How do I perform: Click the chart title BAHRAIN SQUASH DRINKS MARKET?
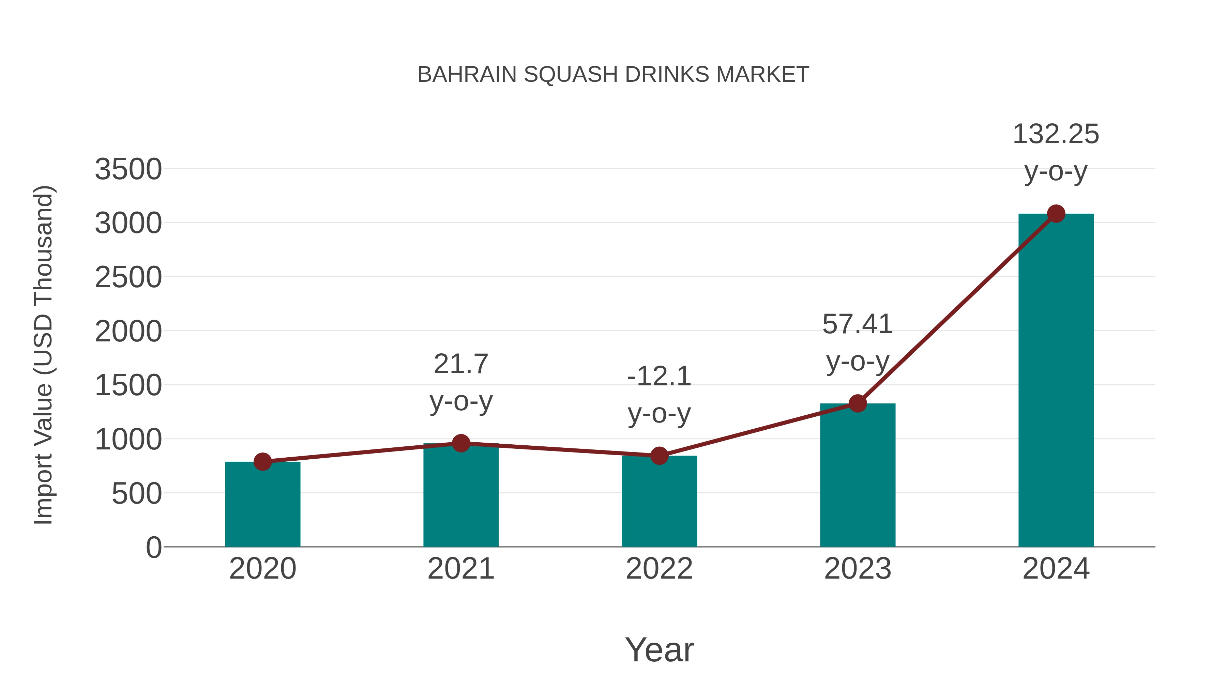pos(613,75)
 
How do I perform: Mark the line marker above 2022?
pos(659,456)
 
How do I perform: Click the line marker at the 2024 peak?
pos(1056,214)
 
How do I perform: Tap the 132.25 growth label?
pos(1056,134)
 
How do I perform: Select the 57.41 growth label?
pos(858,324)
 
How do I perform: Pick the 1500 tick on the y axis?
pos(128,385)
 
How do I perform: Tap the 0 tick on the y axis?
pos(153,547)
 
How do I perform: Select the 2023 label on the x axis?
pos(858,569)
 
